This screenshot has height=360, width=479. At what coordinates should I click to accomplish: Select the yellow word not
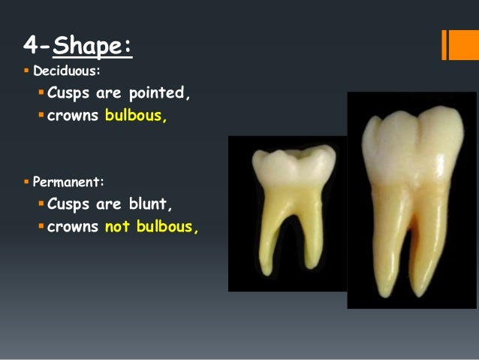pos(118,226)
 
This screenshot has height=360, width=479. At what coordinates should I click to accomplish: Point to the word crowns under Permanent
pos(74,226)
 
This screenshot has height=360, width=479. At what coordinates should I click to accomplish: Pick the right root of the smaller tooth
pos(308,225)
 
